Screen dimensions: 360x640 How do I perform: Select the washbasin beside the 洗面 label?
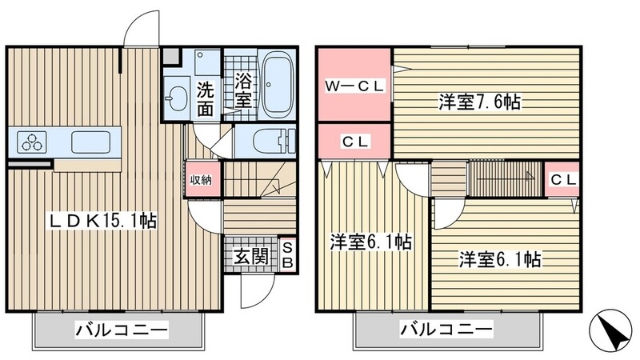pyautogui.click(x=178, y=100)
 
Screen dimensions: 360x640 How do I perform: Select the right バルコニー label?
pyautogui.click(x=446, y=329)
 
